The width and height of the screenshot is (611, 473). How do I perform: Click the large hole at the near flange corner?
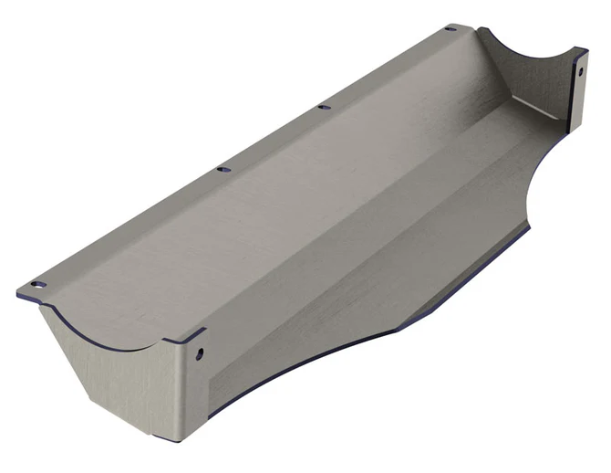(37, 285)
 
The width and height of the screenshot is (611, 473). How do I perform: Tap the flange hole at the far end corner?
(450, 29)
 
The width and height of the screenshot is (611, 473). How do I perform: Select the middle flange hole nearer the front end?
(223, 169)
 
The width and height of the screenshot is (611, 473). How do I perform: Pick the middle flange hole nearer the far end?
(324, 107)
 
